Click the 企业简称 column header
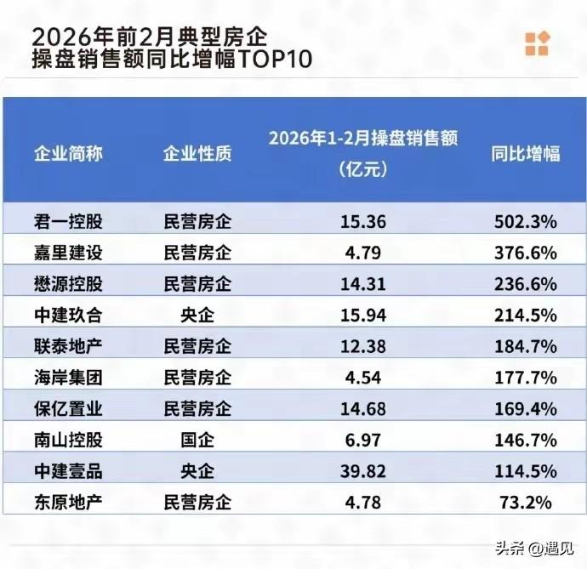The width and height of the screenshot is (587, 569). [x=68, y=153]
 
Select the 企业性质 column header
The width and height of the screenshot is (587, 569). [x=197, y=153]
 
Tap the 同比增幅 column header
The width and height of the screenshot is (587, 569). [x=526, y=153]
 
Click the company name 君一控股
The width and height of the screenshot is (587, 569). [x=68, y=222]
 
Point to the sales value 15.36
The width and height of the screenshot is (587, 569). [x=362, y=222]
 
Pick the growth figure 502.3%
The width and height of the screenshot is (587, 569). [x=526, y=222]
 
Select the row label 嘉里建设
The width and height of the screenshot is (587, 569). [x=68, y=253]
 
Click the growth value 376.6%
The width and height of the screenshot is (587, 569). [x=526, y=253]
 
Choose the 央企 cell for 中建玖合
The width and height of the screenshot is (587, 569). [x=197, y=315]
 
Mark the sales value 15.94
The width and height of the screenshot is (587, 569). [x=362, y=315]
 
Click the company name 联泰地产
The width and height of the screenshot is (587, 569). [x=68, y=346]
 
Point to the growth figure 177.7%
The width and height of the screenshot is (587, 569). [x=526, y=377]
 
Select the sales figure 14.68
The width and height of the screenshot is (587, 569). [x=362, y=408]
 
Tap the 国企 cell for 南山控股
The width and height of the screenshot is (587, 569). [x=197, y=440]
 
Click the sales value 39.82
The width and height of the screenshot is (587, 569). [x=362, y=470]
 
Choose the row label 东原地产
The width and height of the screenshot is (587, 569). [x=68, y=501]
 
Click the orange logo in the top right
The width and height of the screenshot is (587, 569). [x=537, y=43]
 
